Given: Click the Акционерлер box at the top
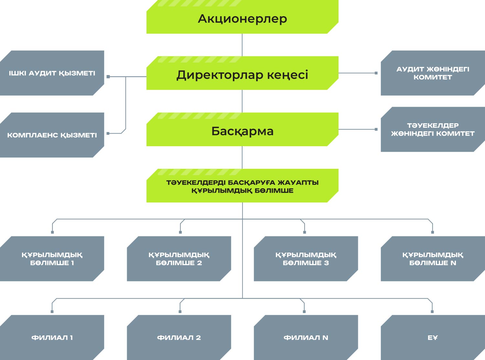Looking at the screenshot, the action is [x=242, y=17].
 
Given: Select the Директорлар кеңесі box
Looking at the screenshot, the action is [x=242, y=73].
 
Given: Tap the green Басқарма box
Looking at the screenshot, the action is [x=242, y=129].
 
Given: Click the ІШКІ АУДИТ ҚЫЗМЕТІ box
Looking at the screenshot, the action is [x=52, y=73].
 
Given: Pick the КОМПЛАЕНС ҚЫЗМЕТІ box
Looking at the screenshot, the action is [x=52, y=135].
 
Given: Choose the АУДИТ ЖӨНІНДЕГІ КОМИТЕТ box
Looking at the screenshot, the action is [x=433, y=73].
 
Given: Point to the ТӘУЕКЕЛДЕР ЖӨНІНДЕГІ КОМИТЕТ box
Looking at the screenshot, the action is [x=433, y=129].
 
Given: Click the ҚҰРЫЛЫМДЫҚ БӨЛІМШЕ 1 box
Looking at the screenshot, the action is [x=52, y=259].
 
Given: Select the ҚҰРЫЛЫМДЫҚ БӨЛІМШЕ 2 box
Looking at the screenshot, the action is [x=179, y=259].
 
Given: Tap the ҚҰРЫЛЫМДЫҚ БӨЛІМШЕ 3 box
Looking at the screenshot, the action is [x=306, y=259].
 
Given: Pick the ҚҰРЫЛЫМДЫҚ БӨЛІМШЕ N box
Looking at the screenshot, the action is [x=433, y=259].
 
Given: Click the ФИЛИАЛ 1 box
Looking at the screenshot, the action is [x=52, y=337].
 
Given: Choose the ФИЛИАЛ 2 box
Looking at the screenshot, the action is [x=179, y=337].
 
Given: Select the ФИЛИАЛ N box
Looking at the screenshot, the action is [x=306, y=337].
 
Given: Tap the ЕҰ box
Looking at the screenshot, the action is [x=433, y=337].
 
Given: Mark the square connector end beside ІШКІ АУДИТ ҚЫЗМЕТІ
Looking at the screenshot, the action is [x=108, y=77].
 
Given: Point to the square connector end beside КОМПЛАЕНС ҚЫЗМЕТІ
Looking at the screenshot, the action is [x=108, y=133].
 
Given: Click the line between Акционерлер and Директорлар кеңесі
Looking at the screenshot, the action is [x=242, y=45].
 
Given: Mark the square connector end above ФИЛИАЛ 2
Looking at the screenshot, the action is [x=180, y=311].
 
